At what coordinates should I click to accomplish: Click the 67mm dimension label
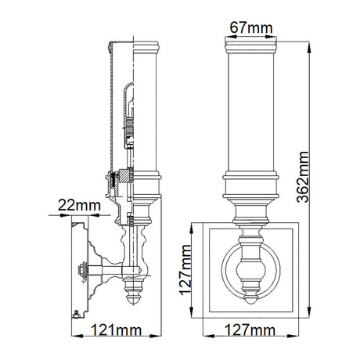[x=251, y=27]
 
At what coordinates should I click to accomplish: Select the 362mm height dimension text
[x=303, y=177]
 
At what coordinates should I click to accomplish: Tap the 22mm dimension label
[x=79, y=205]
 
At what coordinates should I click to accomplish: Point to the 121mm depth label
[x=116, y=330]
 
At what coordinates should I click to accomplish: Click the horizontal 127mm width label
[x=250, y=330]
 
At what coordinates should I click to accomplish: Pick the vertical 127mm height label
[x=185, y=270]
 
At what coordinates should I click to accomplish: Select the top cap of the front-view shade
[x=250, y=47]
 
